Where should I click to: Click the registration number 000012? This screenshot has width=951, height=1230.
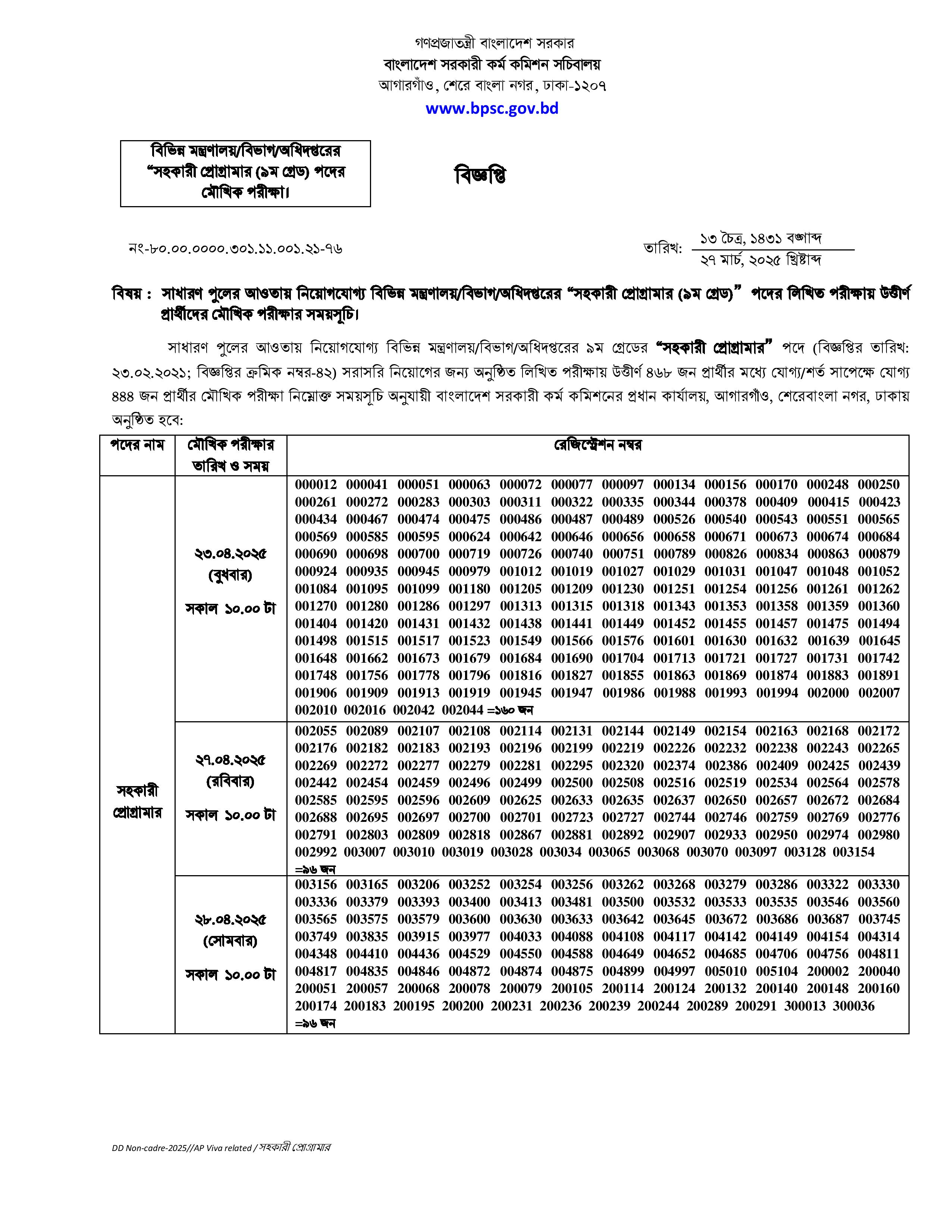(x=316, y=484)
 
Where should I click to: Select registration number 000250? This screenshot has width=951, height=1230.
(x=878, y=484)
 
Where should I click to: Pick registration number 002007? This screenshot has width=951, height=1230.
(x=878, y=693)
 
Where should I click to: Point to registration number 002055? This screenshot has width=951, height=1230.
(x=316, y=731)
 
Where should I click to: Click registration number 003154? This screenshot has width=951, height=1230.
(x=853, y=852)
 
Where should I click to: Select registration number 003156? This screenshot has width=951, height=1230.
(x=316, y=885)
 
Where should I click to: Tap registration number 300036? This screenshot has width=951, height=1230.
(x=853, y=1006)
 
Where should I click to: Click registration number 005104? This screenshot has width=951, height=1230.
(x=776, y=971)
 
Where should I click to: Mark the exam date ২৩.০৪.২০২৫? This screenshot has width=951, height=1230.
(x=230, y=554)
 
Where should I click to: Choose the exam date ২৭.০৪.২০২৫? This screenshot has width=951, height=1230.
(x=230, y=760)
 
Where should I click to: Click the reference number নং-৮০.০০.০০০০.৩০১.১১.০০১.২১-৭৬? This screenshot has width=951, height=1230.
(x=235, y=248)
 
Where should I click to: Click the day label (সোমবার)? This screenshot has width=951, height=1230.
(x=230, y=941)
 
